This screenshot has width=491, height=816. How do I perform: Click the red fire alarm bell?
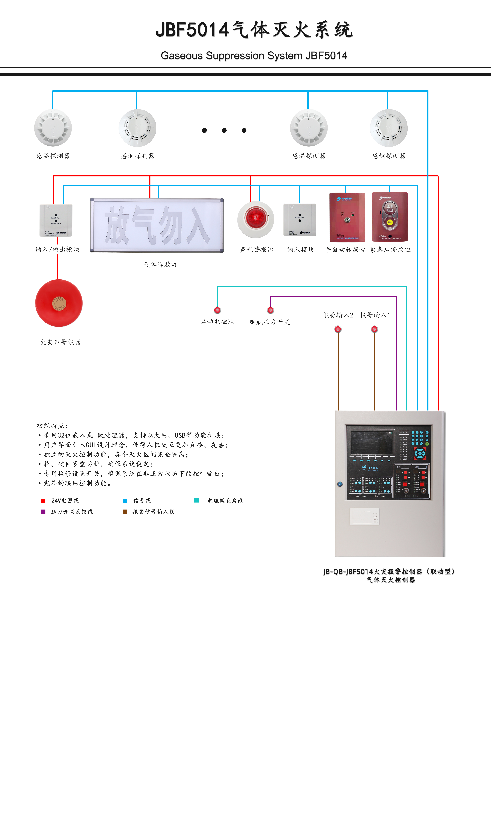point(59,303)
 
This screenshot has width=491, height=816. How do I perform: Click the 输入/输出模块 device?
point(56,220)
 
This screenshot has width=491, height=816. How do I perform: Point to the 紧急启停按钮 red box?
point(390,217)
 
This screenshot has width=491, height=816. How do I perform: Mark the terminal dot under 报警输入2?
point(338,329)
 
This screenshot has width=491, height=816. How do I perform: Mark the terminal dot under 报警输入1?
point(374,329)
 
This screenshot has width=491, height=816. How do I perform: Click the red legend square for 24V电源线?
point(43,501)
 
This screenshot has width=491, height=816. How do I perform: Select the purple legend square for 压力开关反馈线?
point(43,511)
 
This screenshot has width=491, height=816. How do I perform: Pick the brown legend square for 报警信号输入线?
point(125,511)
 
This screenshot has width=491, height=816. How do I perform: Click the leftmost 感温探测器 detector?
point(53,128)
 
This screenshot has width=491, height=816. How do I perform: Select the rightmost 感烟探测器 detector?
point(389,128)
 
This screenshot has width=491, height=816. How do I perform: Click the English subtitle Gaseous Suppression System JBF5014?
point(254,56)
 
